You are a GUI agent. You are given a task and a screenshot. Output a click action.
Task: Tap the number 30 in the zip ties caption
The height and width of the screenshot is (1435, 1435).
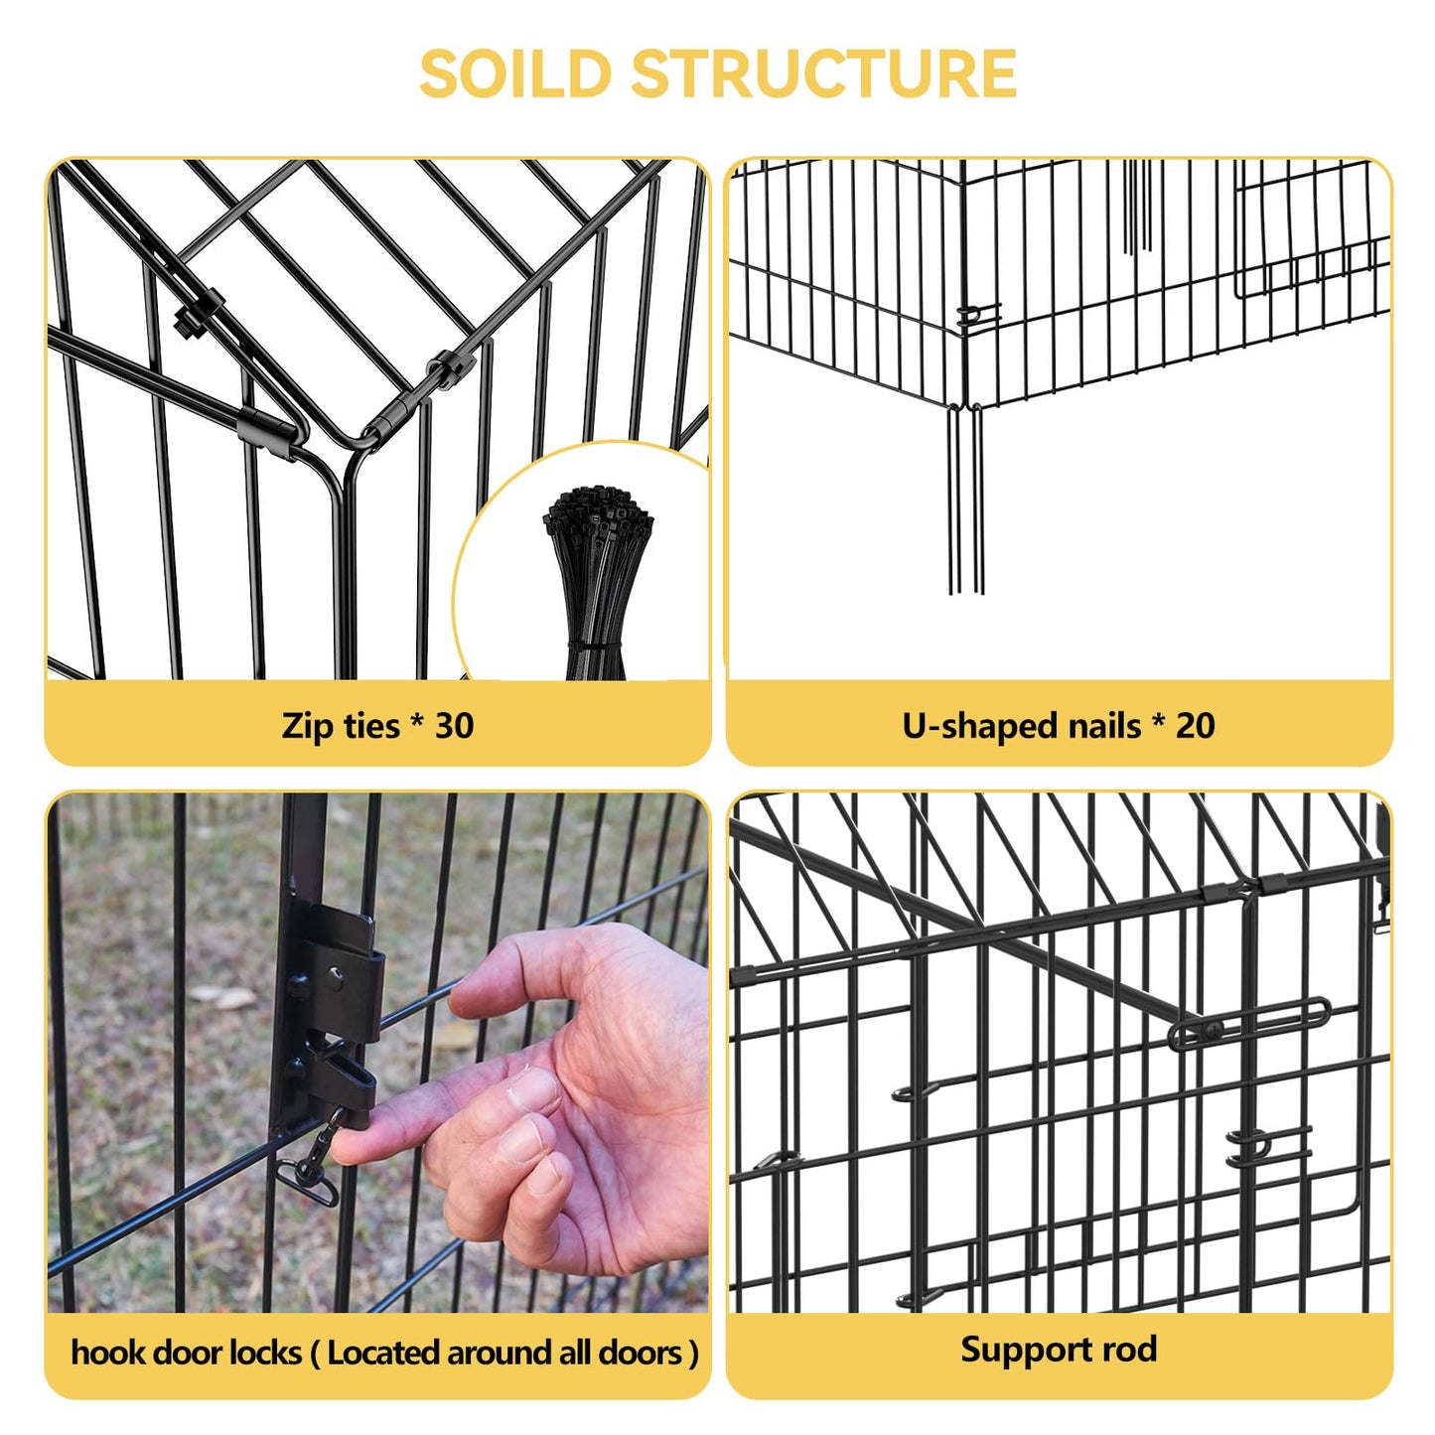click(454, 725)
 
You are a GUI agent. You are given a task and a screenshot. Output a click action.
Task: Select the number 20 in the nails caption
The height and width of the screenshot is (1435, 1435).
click(1196, 725)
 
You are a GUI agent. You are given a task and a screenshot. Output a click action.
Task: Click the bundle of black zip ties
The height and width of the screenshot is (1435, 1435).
click(598, 581)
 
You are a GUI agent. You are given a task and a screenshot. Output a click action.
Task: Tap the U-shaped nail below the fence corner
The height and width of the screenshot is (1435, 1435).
click(966, 498)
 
